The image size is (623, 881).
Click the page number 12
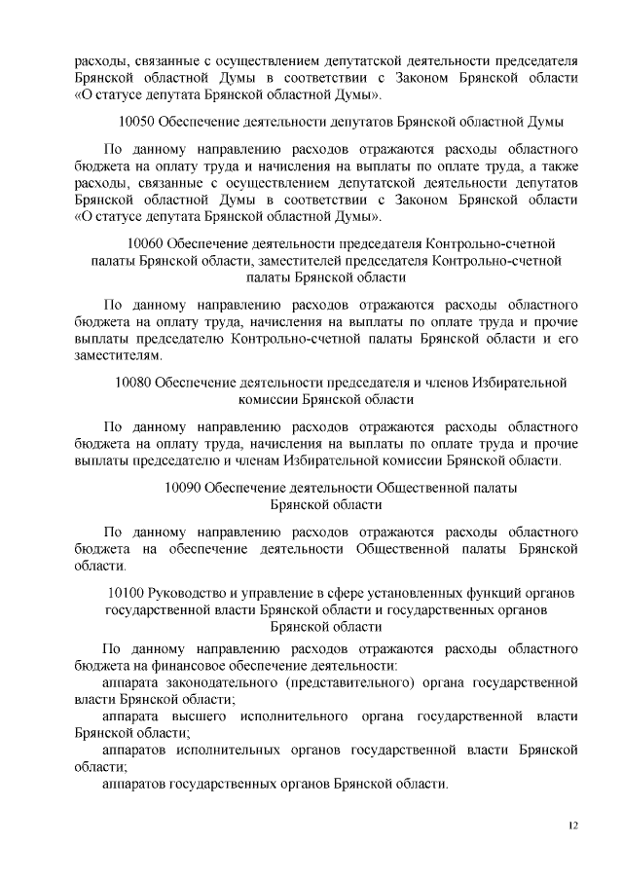pyautogui.click(x=572, y=826)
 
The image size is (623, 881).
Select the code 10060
pyautogui.click(x=146, y=241)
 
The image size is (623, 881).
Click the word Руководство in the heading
pyautogui.click(x=187, y=592)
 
